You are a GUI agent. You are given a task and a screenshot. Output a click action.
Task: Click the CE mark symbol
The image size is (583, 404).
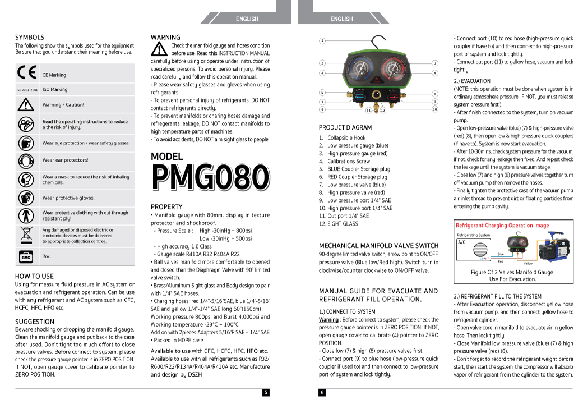(x=26, y=73)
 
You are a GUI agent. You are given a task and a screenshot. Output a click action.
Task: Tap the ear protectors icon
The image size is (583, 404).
(x=26, y=161)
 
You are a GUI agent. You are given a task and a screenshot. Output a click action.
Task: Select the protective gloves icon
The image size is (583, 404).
(x=26, y=198)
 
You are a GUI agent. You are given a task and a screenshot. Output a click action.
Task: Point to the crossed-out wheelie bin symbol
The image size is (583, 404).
(x=26, y=235)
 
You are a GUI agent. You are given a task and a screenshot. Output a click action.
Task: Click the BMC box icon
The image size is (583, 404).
(x=26, y=256)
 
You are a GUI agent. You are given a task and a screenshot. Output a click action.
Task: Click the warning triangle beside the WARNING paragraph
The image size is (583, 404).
(x=159, y=49)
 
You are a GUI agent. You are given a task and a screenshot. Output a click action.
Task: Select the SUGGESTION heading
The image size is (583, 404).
(x=35, y=322)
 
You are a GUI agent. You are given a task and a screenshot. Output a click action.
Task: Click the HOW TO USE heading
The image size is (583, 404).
(x=34, y=276)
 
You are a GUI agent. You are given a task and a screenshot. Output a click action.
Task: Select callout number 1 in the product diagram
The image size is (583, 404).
(x=322, y=40)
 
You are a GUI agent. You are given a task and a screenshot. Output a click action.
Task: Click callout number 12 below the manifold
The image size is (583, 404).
(x=383, y=111)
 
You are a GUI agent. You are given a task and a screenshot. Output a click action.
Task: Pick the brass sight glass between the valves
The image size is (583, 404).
(x=377, y=96)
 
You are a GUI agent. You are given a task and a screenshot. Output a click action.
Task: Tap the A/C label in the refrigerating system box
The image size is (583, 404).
(x=462, y=243)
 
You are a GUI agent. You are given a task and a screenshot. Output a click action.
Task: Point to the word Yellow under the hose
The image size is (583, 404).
(x=528, y=263)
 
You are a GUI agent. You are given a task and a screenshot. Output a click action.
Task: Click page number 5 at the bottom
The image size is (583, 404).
(x=266, y=393)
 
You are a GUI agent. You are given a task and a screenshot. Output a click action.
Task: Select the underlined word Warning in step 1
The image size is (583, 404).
(x=328, y=320)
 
